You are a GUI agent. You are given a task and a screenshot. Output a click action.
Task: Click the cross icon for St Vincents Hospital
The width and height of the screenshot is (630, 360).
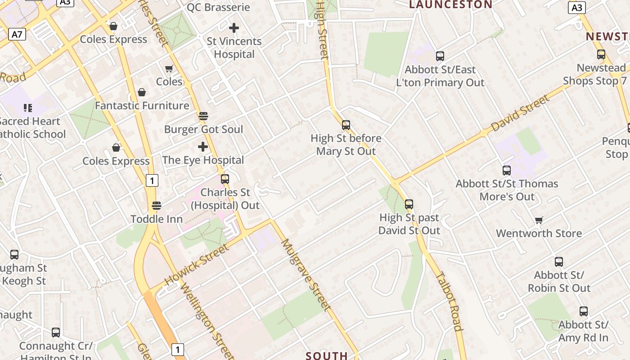(x=234, y=28)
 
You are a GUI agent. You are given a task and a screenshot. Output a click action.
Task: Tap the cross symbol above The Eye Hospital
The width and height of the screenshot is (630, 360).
(x=203, y=147)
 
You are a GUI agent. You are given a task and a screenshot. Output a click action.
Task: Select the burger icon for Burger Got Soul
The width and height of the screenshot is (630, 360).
(x=203, y=116)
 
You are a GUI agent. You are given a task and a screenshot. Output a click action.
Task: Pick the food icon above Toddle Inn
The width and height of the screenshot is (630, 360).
(x=157, y=206)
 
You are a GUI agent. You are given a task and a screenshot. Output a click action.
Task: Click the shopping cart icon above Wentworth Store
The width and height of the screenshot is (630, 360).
(x=539, y=220)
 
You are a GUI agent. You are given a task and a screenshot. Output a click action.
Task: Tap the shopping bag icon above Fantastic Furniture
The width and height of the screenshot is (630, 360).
(x=142, y=92)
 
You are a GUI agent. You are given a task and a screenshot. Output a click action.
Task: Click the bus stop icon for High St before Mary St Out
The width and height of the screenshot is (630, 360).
(x=346, y=125)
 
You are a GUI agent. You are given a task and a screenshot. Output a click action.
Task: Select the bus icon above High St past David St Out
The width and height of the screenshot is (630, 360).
(x=409, y=204)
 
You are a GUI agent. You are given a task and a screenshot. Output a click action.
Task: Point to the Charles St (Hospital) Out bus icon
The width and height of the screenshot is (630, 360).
(x=225, y=179)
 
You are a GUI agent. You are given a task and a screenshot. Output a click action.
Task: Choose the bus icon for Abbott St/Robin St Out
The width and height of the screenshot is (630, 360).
(x=559, y=262)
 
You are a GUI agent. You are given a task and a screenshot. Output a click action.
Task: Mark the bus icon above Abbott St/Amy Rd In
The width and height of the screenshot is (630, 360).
(x=583, y=311)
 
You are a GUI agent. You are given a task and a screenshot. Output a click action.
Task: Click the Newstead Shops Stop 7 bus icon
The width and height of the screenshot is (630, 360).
(x=601, y=55)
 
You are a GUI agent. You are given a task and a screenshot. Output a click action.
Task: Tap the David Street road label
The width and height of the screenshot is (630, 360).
(x=520, y=113)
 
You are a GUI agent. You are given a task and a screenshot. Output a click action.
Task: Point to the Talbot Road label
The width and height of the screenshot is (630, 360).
(x=449, y=301)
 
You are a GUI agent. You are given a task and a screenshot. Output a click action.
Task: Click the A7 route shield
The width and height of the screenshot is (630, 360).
(x=17, y=34)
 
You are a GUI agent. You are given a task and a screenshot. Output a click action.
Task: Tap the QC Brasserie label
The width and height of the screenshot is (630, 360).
(x=218, y=7)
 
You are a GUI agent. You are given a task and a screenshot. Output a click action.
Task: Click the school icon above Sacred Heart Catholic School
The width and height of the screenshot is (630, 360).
(x=28, y=108)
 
